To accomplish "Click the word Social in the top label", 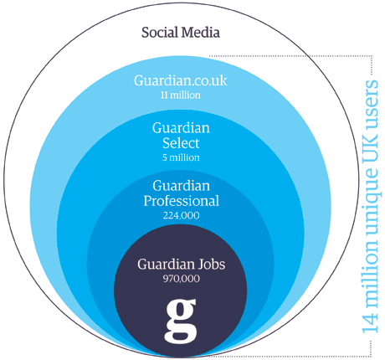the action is coord(160,33).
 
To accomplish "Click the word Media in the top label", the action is coord(200,33).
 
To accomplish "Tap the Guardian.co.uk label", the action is coord(181,80).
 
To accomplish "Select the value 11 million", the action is coord(181,95).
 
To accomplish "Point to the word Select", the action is coord(181,143).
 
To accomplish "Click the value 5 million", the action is coord(181,157).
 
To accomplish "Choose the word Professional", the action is coord(182,201).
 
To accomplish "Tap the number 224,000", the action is coord(182,215).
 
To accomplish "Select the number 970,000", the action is coord(182,279).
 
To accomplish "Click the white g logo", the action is coord(181,321).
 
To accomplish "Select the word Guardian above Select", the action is coord(181,128).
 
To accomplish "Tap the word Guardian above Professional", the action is coord(182,186).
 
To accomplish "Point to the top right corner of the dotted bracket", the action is coord(372,56).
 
